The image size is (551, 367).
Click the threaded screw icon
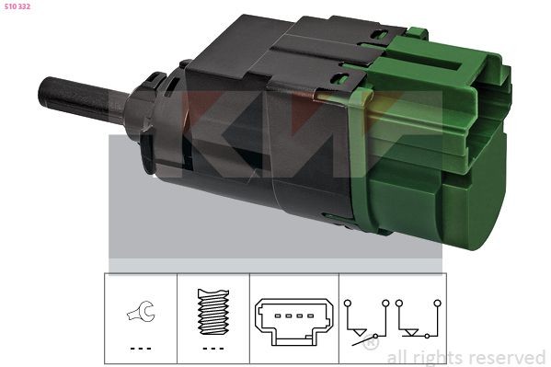tap(212, 314)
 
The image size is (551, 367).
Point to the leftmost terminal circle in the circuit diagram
tap(347, 301)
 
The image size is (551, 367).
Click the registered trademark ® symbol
tap(369, 344)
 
